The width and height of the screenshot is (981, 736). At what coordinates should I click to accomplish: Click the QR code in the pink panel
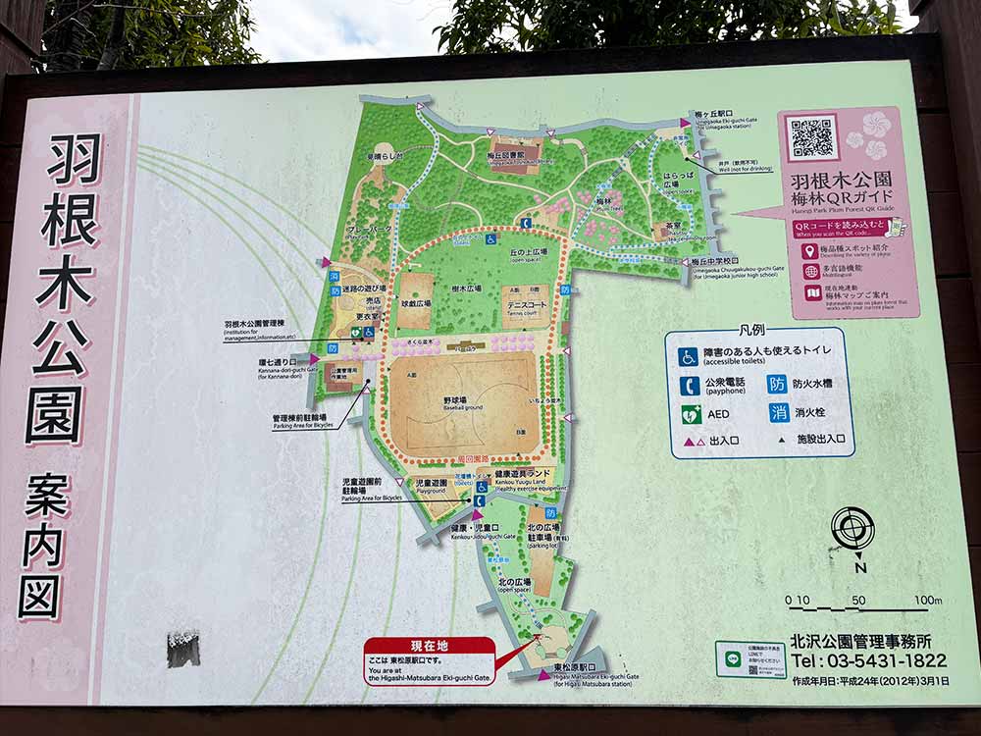812,138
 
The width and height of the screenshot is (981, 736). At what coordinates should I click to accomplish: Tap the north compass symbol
852,529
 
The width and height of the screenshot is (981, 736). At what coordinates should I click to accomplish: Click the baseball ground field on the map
465,402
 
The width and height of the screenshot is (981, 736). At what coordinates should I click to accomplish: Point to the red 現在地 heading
429,646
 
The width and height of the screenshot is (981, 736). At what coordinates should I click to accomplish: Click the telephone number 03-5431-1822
869,660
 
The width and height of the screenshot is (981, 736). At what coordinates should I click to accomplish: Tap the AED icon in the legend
691,413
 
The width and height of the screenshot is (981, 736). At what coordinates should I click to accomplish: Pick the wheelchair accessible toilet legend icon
690,356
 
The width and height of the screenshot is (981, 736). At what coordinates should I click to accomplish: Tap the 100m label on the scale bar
927,601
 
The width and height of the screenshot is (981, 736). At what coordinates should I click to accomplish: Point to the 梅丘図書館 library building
516,155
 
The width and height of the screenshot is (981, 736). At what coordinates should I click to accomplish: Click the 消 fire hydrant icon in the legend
778,412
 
